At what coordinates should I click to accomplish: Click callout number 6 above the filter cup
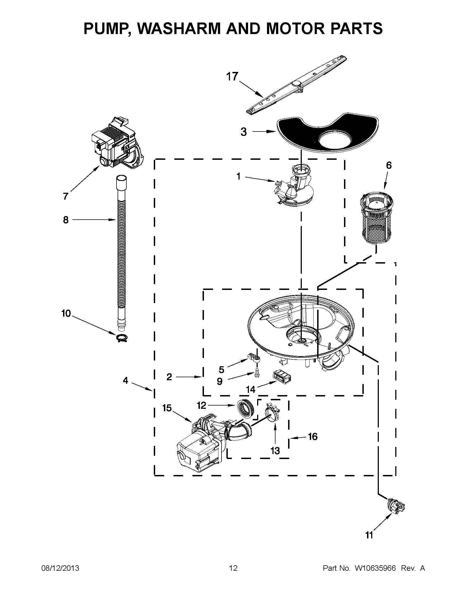click(389, 165)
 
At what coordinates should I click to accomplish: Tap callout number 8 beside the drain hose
click(66, 220)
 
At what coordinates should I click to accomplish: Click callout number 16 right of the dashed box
click(313, 437)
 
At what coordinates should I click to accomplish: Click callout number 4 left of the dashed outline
click(126, 381)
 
